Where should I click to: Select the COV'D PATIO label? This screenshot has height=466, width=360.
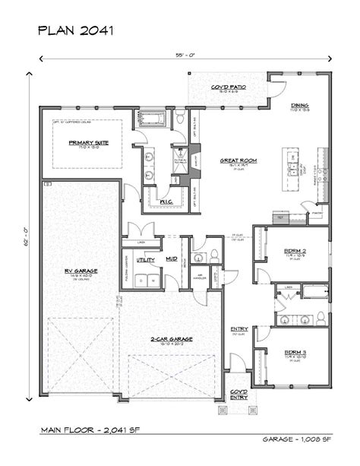(x=226, y=87)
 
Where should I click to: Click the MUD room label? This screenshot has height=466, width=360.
(x=172, y=259)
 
